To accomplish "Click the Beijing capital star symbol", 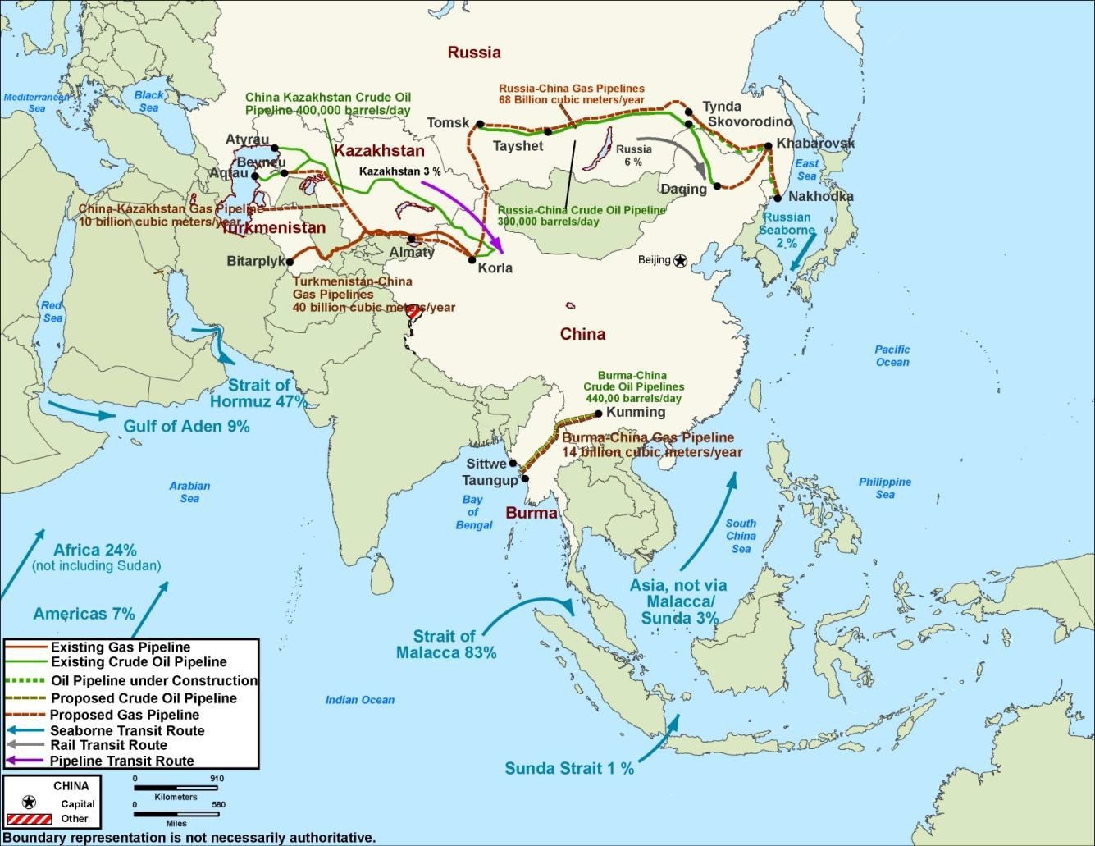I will pyautogui.click(x=680, y=260).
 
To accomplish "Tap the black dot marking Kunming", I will pyautogui.click(x=599, y=414).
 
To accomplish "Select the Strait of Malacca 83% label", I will pyautogui.click(x=445, y=645).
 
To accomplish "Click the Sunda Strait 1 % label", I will pyautogui.click(x=569, y=769).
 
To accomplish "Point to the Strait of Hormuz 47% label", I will pyautogui.click(x=258, y=394).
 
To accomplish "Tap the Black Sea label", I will pyautogui.click(x=148, y=101).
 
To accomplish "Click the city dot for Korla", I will pyautogui.click(x=472, y=260).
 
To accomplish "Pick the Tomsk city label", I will pyautogui.click(x=448, y=123).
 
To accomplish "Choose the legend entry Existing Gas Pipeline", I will pyautogui.click(x=120, y=647).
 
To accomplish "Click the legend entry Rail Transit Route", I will pyautogui.click(x=108, y=745).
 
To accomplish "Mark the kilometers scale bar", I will pyautogui.click(x=179, y=788).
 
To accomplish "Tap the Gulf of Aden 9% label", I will pyautogui.click(x=186, y=427).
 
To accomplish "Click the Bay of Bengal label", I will pyautogui.click(x=472, y=512).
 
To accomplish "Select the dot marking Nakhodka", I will pyautogui.click(x=776, y=198).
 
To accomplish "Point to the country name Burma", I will pyautogui.click(x=531, y=514).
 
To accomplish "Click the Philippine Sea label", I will pyautogui.click(x=884, y=488).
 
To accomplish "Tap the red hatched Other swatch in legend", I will pyautogui.click(x=29, y=819).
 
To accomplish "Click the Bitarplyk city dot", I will pyautogui.click(x=290, y=262).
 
